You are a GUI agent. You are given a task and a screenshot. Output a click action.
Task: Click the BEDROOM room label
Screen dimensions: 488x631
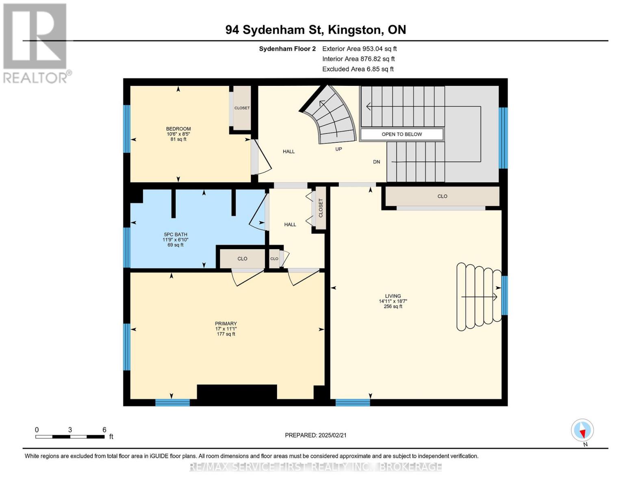(x=178, y=129)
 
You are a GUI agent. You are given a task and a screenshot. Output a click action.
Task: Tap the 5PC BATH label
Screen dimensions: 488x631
(x=175, y=235)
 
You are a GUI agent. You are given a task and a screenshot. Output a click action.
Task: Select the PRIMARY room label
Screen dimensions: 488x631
(x=226, y=324)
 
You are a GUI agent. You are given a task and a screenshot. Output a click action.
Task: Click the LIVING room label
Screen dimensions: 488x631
(x=392, y=296)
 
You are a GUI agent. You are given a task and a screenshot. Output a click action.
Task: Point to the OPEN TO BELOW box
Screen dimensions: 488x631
(x=401, y=134)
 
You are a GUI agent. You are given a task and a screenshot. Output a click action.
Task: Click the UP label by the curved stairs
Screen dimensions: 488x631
(x=338, y=149)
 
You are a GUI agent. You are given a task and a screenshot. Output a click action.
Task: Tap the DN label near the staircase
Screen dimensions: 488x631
(x=376, y=162)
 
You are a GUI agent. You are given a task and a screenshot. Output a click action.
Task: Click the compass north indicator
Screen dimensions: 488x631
(x=582, y=430)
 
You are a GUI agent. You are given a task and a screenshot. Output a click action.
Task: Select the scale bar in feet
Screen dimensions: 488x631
(x=69, y=436)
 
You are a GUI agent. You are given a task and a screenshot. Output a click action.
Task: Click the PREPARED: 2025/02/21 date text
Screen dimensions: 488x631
(x=315, y=435)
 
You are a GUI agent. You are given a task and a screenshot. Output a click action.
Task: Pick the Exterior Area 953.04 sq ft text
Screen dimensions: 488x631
(x=359, y=49)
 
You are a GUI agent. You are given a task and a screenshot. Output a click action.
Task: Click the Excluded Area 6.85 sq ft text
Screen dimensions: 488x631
(x=358, y=69)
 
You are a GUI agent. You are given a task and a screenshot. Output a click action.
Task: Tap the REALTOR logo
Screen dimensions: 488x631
(x=35, y=42)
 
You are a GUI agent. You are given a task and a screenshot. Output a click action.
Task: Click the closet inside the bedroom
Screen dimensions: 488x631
(x=242, y=108)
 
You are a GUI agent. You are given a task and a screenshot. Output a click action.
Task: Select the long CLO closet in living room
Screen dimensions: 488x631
(x=442, y=196)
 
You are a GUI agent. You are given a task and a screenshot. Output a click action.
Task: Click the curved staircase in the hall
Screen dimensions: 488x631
(x=331, y=116)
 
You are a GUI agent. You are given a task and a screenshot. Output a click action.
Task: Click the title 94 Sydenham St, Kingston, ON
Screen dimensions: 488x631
(x=315, y=30)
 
